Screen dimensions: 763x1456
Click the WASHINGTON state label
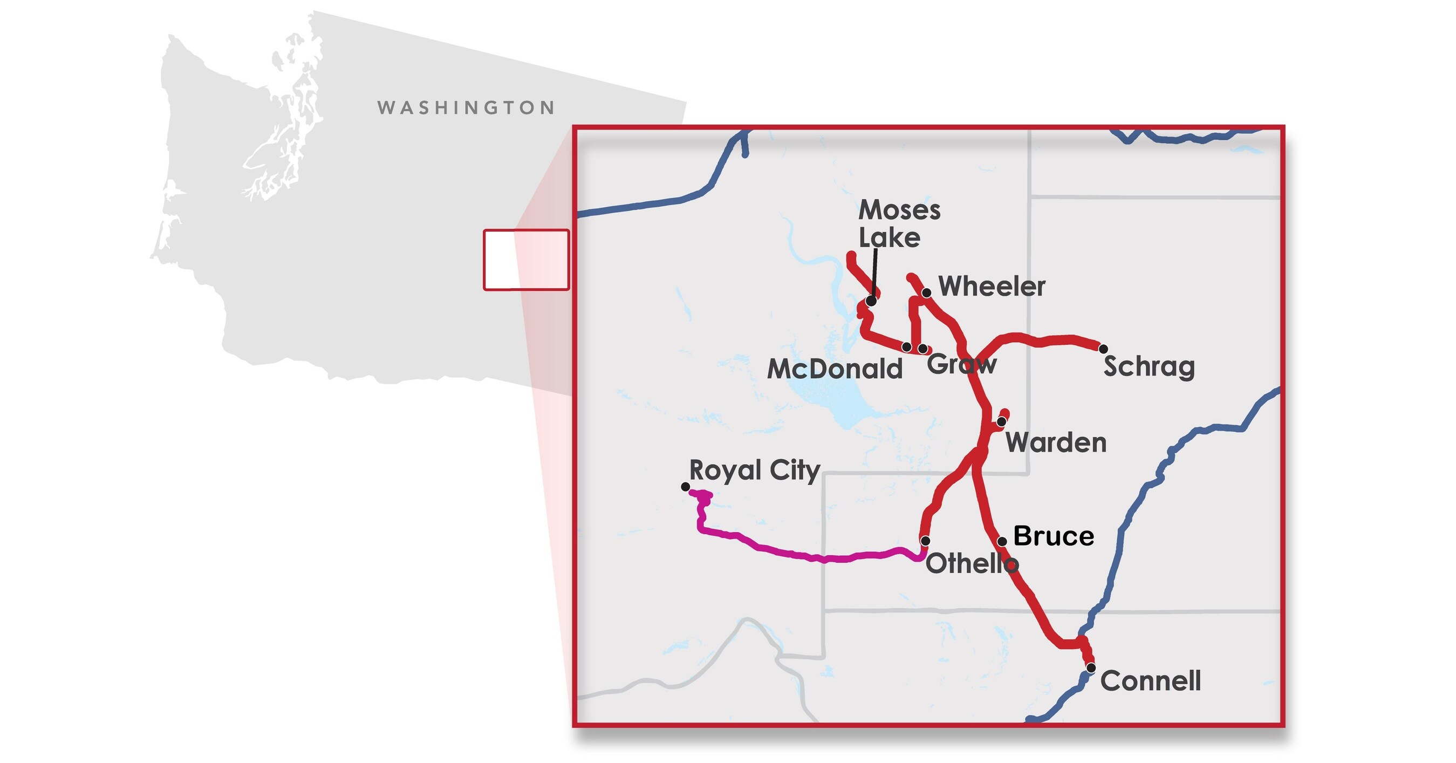pyautogui.click(x=466, y=108)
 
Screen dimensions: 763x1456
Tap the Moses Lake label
pyautogui.click(x=899, y=224)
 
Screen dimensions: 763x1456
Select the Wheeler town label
pyautogui.click(x=992, y=287)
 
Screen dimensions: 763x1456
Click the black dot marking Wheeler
pyautogui.click(x=926, y=293)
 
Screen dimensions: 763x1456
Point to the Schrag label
pyautogui.click(x=1149, y=367)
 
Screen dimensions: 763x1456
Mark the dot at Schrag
pyautogui.click(x=1103, y=349)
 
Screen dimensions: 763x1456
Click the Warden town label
pyautogui.click(x=1056, y=442)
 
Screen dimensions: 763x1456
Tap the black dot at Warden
pyautogui.click(x=1001, y=421)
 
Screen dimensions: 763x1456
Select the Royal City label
pyautogui.click(x=754, y=470)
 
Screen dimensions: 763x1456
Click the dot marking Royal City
pyautogui.click(x=685, y=487)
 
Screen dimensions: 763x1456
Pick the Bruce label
pyautogui.click(x=1054, y=536)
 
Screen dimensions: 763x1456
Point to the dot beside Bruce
pyautogui.click(x=1002, y=541)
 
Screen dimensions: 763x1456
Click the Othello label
pyautogui.click(x=972, y=563)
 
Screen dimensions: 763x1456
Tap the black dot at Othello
pyautogui.click(x=925, y=541)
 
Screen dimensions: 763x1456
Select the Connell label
pyautogui.click(x=1150, y=681)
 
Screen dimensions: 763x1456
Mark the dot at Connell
pyautogui.click(x=1091, y=668)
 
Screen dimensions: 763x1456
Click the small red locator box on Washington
pyautogui.click(x=525, y=260)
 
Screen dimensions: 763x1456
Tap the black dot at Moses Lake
pyautogui.click(x=872, y=302)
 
